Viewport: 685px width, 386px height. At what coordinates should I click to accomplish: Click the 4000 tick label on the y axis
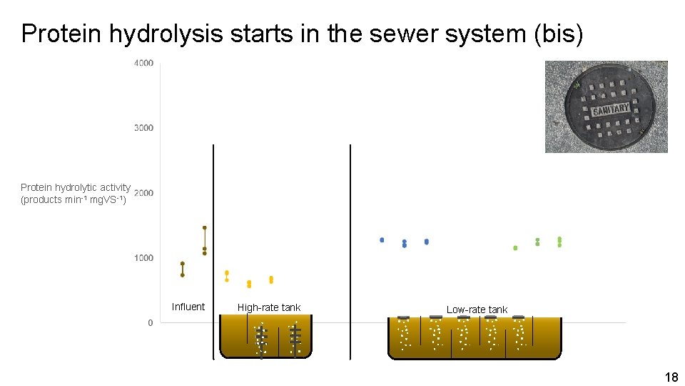click(143, 64)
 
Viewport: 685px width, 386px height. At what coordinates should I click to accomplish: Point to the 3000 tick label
click(143, 128)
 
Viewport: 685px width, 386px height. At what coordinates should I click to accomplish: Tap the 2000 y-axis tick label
click(143, 193)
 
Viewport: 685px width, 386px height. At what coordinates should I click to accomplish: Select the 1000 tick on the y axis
click(143, 258)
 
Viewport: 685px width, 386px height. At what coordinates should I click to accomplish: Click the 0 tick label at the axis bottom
click(150, 323)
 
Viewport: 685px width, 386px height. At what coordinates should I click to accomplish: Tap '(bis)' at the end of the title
click(558, 34)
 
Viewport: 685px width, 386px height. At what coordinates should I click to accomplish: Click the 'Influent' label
click(188, 307)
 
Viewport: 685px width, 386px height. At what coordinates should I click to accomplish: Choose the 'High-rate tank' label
click(269, 307)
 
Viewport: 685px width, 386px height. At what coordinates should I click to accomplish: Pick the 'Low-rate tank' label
click(477, 310)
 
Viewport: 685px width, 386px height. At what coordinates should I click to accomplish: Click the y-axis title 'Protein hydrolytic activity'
click(76, 187)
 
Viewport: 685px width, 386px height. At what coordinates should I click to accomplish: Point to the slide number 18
click(671, 377)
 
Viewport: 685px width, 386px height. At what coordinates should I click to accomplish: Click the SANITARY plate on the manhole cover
click(610, 110)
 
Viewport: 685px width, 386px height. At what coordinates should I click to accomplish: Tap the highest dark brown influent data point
click(205, 228)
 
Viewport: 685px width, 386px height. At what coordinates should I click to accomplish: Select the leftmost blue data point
click(382, 240)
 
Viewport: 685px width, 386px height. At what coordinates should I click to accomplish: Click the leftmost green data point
click(515, 248)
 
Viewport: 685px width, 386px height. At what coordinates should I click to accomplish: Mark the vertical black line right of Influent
click(213, 250)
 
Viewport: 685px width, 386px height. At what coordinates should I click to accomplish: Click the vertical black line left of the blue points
click(351, 250)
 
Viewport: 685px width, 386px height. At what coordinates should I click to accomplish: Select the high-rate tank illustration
click(265, 337)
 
